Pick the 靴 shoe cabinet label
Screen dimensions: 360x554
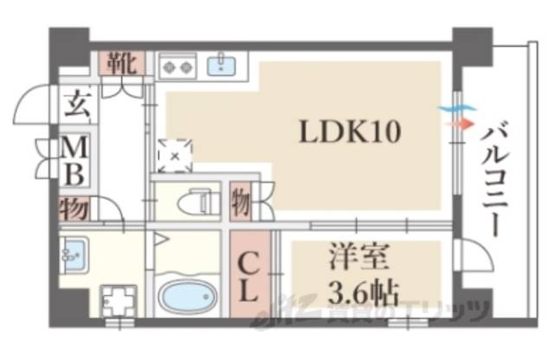[x=120, y=63]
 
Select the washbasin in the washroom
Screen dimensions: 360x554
[x=74, y=252]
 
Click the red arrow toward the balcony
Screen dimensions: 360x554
[x=457, y=123]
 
